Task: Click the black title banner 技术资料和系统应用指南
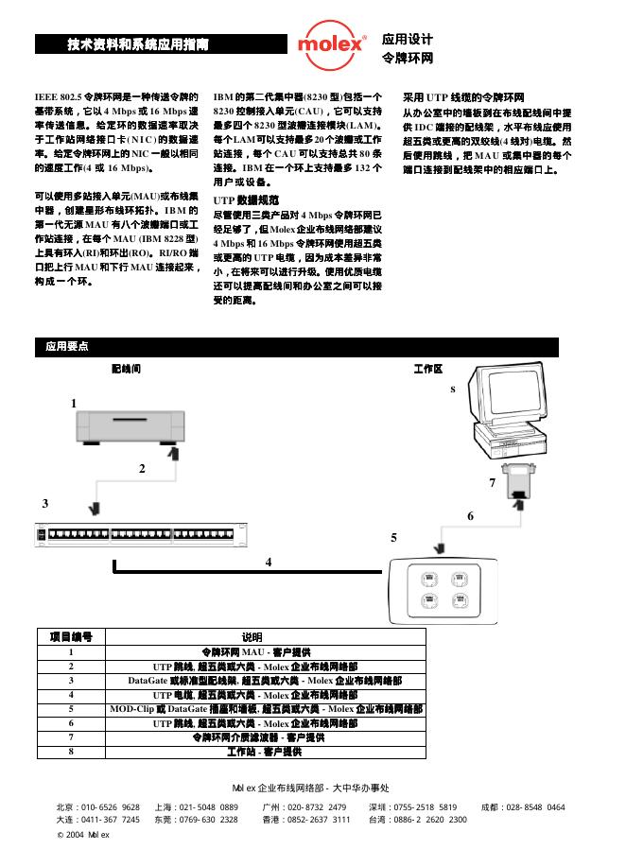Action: [161, 44]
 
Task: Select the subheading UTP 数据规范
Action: [246, 200]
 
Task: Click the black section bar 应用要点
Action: [67, 346]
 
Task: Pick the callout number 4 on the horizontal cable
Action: [269, 562]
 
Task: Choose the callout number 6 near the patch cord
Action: [469, 515]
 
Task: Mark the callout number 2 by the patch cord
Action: [142, 468]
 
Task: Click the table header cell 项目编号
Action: [71, 637]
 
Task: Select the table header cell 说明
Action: [252, 637]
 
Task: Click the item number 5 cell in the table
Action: [71, 708]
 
